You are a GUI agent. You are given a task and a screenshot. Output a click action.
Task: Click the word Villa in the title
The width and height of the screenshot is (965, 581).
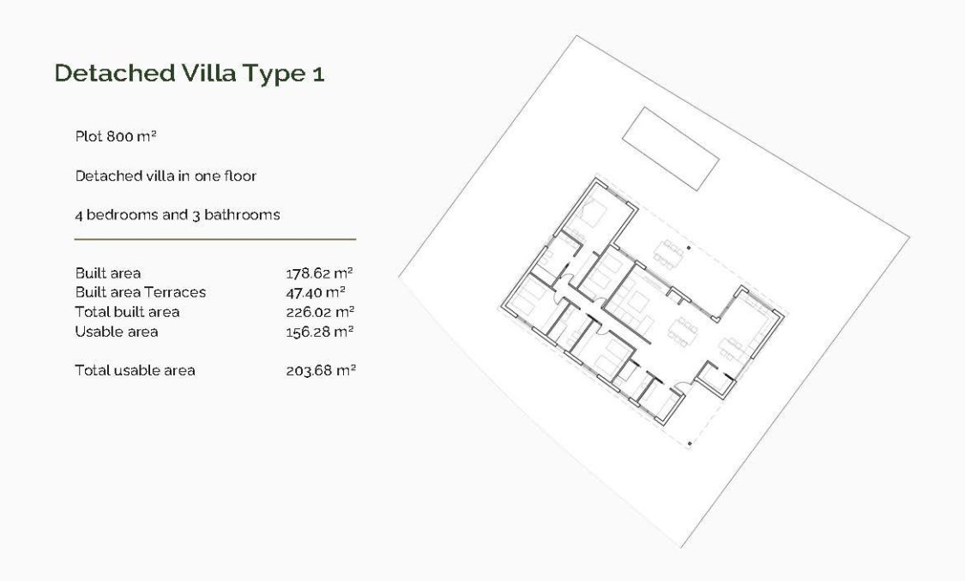click(209, 74)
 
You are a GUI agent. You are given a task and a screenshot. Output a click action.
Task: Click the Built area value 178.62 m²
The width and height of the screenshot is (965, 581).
click(319, 273)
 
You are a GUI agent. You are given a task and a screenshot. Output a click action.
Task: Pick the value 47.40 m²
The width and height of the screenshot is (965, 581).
click(315, 292)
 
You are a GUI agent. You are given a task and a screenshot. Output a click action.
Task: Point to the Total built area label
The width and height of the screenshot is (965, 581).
click(127, 312)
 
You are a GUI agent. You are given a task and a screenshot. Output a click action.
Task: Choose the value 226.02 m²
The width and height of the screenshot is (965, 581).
click(320, 312)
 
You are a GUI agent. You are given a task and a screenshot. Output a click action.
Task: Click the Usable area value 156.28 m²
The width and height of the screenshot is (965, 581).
click(320, 332)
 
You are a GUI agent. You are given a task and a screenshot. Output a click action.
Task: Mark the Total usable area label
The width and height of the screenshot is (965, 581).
click(135, 370)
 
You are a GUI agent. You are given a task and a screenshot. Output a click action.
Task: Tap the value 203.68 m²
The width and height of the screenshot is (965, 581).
click(320, 370)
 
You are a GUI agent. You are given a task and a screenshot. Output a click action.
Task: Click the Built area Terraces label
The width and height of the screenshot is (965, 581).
click(140, 292)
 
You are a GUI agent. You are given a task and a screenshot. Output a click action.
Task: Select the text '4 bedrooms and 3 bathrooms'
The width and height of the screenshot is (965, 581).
click(177, 214)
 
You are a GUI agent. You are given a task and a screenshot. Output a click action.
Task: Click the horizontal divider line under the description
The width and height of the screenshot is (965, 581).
click(214, 239)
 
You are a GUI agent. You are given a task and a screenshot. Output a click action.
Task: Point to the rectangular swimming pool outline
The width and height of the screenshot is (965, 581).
click(669, 149)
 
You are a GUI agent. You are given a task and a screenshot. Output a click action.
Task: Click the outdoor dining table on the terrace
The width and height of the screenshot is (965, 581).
click(669, 252)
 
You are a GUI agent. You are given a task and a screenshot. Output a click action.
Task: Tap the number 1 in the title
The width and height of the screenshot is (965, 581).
click(317, 74)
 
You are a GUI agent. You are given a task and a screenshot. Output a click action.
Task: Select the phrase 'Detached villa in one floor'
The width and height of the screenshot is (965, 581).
click(166, 176)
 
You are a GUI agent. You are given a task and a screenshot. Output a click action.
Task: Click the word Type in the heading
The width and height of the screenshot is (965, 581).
click(273, 74)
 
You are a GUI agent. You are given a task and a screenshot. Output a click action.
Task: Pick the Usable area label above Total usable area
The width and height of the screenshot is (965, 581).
click(116, 332)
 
